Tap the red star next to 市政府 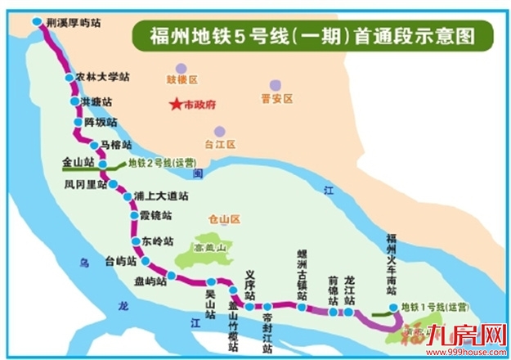click(174, 105)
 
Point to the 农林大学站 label click(102, 77)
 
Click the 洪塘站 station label click(96, 101)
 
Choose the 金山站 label click(77, 164)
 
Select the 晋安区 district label click(276, 99)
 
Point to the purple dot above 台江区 click(218, 131)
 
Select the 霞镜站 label click(155, 216)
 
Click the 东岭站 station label click(159, 242)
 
